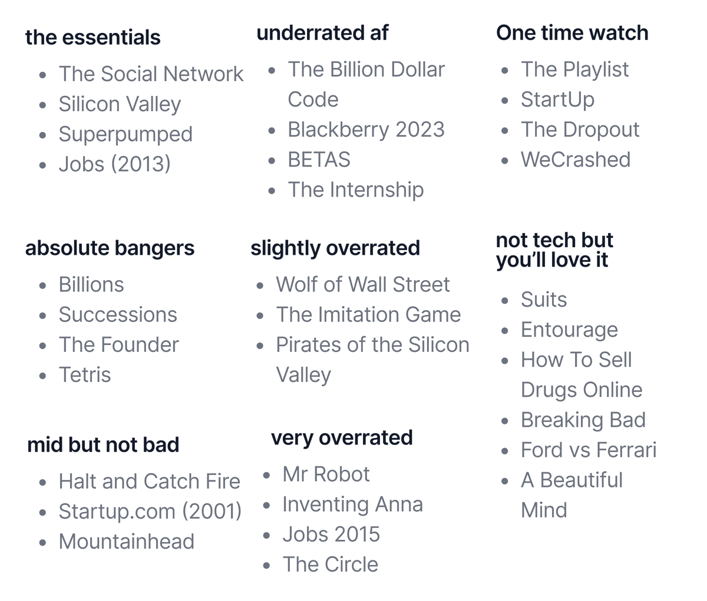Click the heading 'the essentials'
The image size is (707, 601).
[92, 37]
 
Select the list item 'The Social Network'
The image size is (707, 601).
[151, 74]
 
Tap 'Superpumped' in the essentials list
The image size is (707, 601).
[125, 134]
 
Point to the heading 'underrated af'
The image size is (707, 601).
[322, 33]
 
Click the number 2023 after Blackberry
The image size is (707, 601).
[419, 130]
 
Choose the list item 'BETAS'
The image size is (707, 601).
[319, 160]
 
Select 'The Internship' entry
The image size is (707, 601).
[356, 190]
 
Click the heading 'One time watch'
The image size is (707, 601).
[572, 33]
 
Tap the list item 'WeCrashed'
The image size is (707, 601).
[575, 160]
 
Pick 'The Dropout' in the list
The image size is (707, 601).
[580, 130]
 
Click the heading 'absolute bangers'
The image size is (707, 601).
[110, 248]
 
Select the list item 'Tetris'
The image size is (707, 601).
[85, 375]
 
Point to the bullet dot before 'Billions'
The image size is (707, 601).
[42, 285]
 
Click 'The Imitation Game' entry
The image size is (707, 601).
[368, 315]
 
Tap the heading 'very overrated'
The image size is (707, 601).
[342, 438]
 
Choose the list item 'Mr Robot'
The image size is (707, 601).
[326, 474]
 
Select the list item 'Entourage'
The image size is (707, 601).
[569, 330]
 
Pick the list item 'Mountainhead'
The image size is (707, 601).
[126, 542]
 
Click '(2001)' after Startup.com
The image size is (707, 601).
[212, 512]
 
